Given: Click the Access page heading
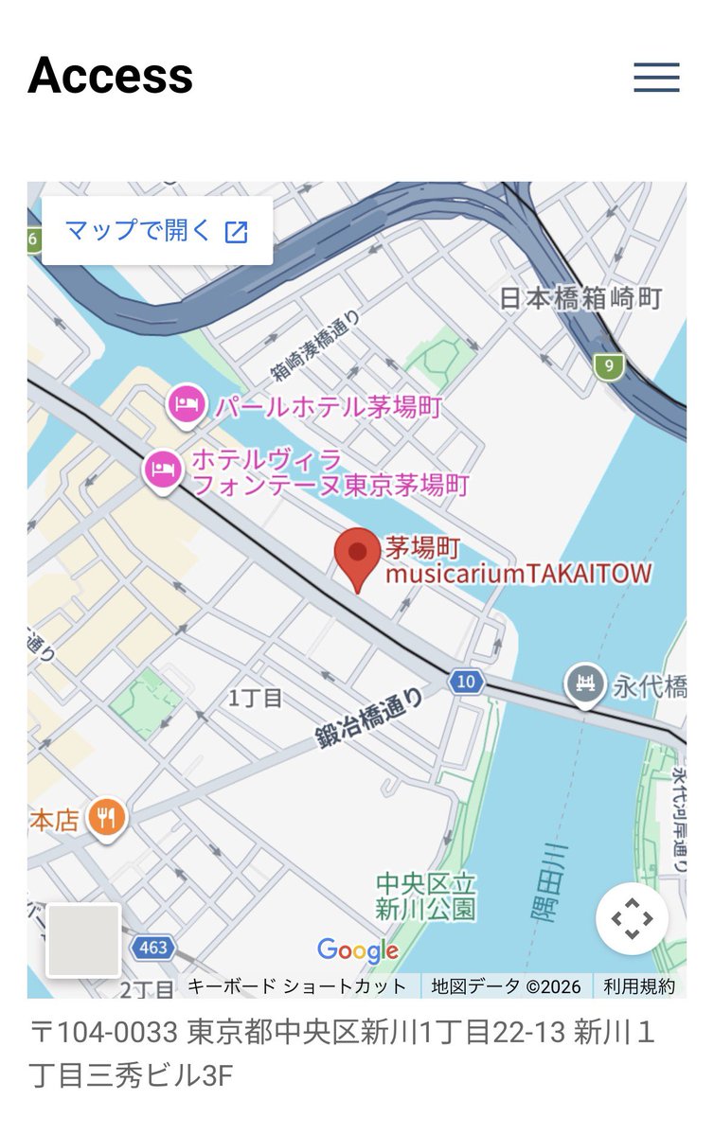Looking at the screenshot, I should point(111,76).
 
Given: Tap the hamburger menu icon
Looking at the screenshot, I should point(656,77).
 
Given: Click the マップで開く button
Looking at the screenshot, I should point(157,230).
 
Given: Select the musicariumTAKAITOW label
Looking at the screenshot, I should point(518,574).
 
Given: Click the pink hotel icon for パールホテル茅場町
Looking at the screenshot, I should point(186,405).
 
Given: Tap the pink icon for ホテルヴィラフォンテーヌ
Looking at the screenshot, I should point(161,470).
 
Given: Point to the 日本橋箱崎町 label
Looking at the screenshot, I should point(580,298).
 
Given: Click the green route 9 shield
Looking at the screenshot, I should point(609,364).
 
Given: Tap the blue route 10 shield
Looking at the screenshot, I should point(465,681).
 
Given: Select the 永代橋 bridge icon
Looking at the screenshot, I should point(585,683).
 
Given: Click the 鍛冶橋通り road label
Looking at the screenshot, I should point(369,722).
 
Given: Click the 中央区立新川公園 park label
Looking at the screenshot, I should point(426,896).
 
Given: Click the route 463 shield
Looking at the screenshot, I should point(152,947).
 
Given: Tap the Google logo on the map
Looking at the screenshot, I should point(357,950).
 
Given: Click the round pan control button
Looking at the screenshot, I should point(632,917).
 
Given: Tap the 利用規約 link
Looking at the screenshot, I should point(640,986).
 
